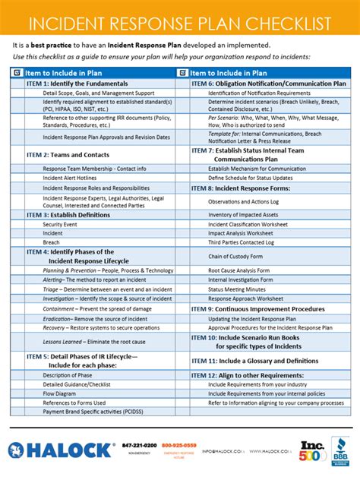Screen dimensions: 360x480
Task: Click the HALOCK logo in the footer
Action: pos(61,450)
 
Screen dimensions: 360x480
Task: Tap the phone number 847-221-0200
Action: pos(139,445)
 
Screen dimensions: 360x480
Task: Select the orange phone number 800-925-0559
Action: pos(179,445)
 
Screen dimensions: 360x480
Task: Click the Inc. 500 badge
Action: pos(311,450)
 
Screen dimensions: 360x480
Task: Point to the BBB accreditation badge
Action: pos(340,450)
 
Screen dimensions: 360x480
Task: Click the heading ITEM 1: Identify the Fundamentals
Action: pos(71,83)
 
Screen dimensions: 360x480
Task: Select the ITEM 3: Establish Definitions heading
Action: pos(68,215)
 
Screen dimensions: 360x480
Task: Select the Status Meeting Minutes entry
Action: pos(237,289)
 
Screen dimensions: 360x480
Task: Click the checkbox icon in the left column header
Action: pos(17,73)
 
